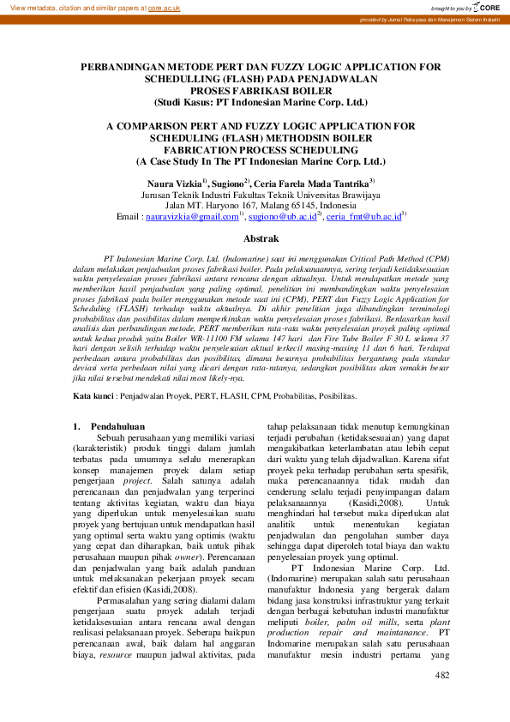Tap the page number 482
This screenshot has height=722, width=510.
442,677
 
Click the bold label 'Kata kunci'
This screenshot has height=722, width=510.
93,397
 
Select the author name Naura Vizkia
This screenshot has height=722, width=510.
174,183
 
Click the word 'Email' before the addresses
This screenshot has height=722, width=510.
129,218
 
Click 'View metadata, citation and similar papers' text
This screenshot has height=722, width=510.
73,6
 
